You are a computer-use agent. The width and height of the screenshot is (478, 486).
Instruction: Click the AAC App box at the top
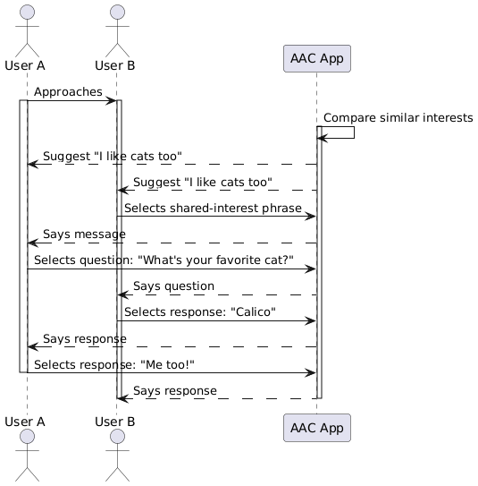point(316,58)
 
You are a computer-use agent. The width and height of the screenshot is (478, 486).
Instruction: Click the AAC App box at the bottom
point(316,427)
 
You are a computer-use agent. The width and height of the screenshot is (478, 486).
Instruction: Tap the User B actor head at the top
point(119,12)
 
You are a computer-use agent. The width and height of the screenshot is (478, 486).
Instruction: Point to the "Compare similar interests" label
point(398,118)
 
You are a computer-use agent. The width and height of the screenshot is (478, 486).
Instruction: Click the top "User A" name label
point(25,65)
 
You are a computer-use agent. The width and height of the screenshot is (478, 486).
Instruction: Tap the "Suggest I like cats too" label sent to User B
point(202,182)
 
